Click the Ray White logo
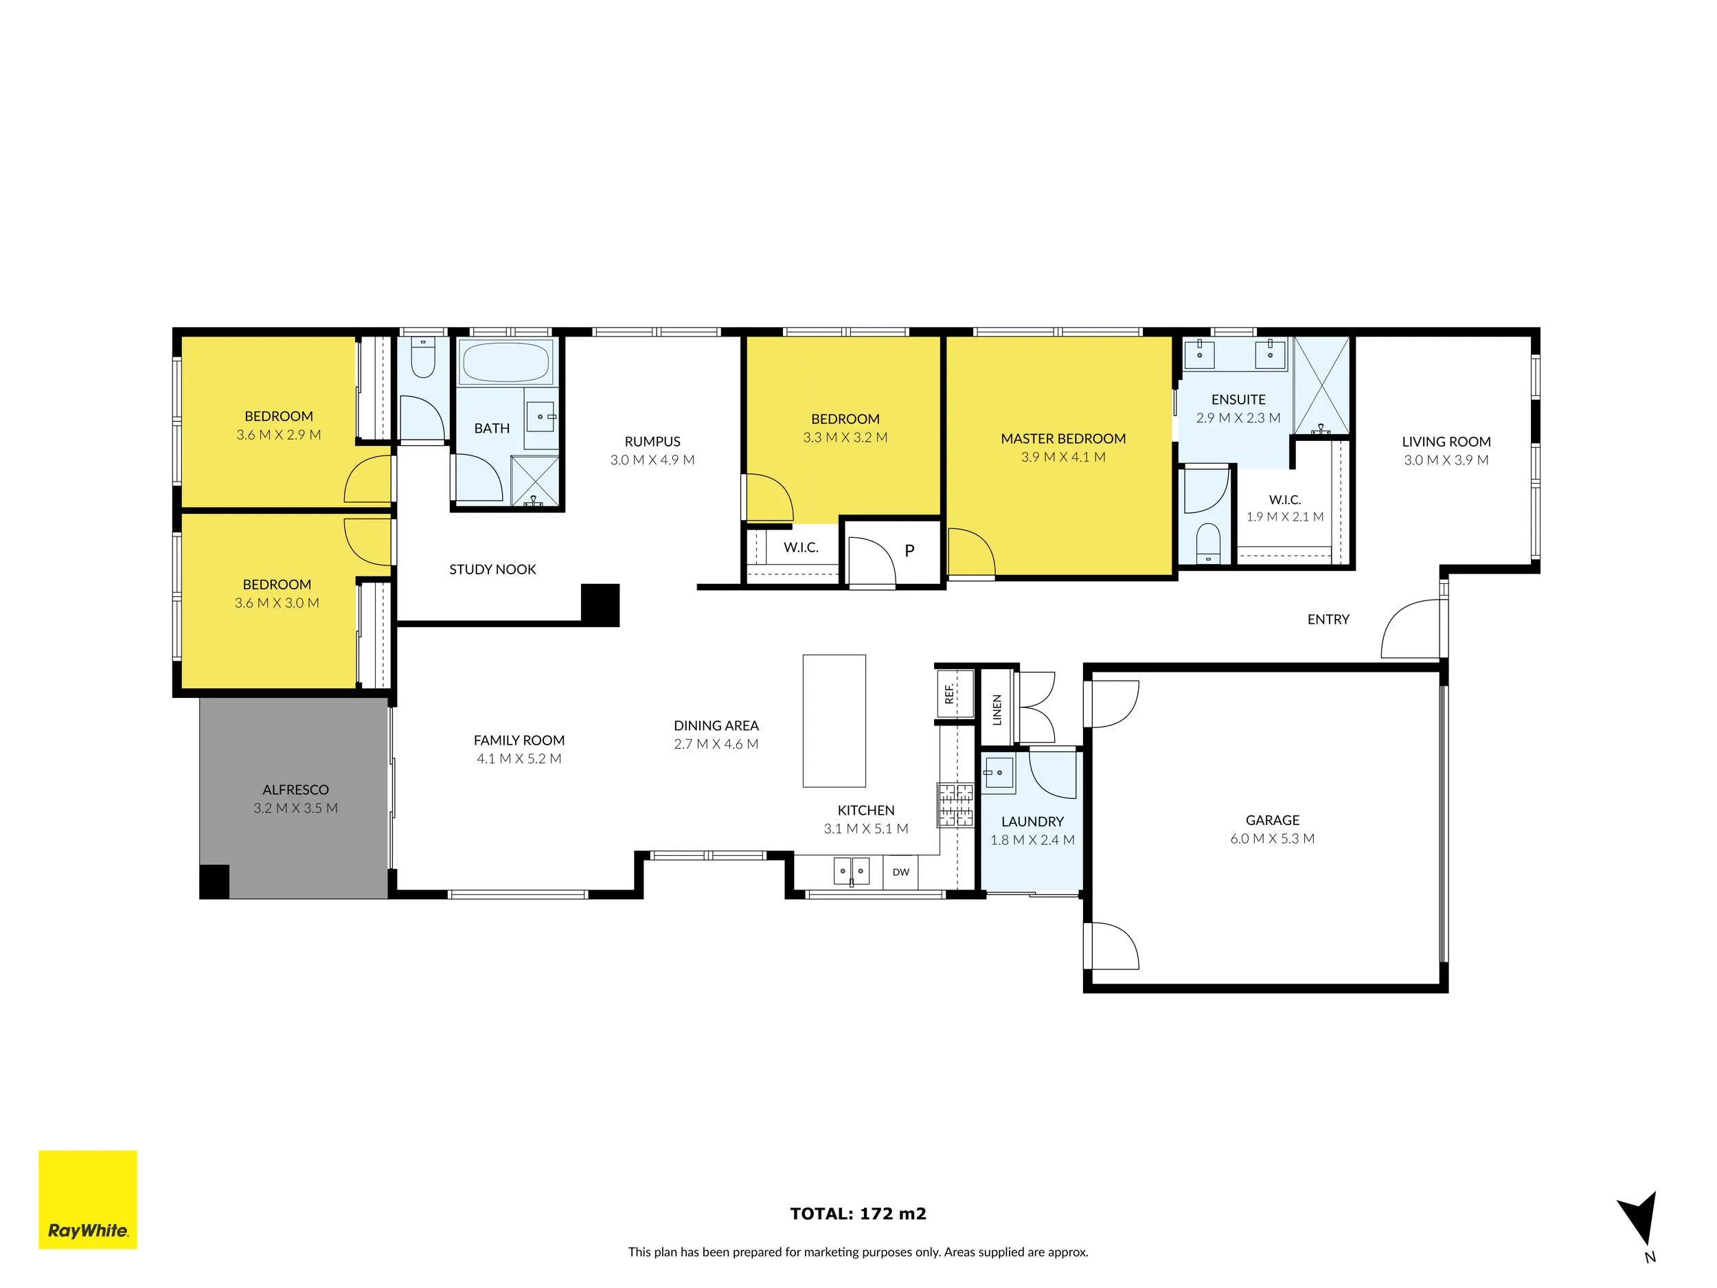(x=88, y=1199)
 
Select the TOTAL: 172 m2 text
(x=858, y=1214)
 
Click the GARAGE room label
(x=1272, y=820)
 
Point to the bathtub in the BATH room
(x=505, y=362)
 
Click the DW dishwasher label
(x=900, y=872)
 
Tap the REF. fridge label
(x=948, y=693)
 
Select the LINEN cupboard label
(x=997, y=710)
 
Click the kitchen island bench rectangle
(x=834, y=721)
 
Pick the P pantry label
(x=910, y=550)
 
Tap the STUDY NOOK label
(x=492, y=569)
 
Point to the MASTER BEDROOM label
(x=1062, y=439)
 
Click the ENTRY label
(x=1328, y=619)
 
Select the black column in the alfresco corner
(x=214, y=881)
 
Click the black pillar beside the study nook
(x=600, y=604)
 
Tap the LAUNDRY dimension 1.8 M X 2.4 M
(x=1032, y=839)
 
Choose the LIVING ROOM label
(x=1446, y=442)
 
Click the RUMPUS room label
(x=652, y=442)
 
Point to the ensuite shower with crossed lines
(x=1321, y=386)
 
